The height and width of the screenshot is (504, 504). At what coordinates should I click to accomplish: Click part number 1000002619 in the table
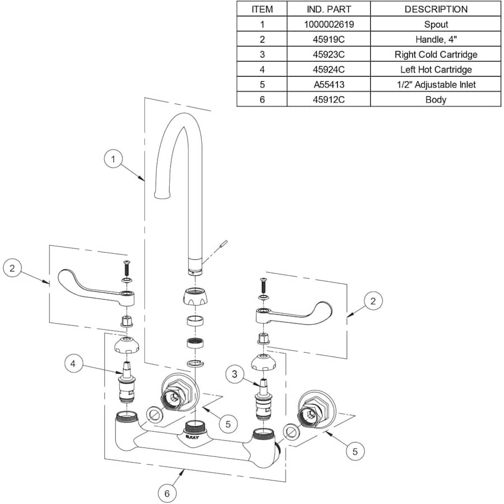329,24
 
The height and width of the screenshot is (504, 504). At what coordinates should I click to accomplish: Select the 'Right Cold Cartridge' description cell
436,54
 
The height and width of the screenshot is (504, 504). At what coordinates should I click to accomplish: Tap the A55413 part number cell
329,85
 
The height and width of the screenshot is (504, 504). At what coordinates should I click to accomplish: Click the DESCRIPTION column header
436,9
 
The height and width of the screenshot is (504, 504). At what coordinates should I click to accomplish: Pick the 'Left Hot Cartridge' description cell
436,69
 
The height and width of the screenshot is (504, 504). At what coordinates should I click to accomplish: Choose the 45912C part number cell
329,100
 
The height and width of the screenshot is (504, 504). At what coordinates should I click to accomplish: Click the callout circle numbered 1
113,159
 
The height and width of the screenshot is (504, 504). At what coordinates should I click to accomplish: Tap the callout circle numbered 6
167,493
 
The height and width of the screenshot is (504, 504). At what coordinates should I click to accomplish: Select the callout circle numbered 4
73,363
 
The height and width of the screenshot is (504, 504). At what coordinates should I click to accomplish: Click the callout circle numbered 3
234,374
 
